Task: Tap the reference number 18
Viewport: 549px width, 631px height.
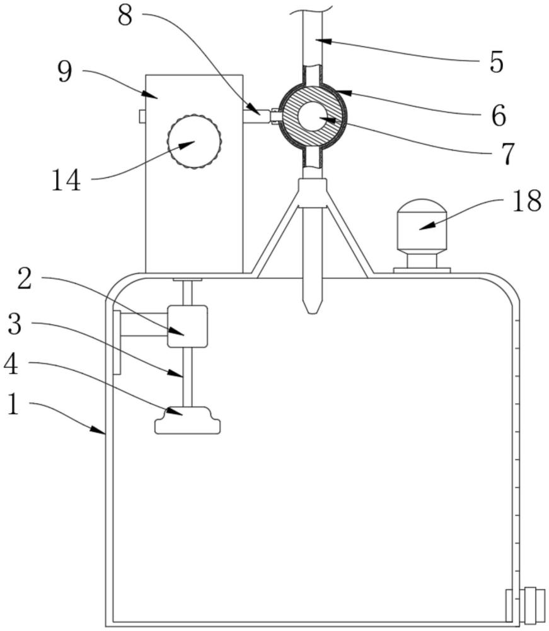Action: [526, 202]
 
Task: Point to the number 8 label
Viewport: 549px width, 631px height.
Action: [125, 15]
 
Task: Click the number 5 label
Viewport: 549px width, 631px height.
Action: [497, 62]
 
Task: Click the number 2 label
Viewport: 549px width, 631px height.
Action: [24, 280]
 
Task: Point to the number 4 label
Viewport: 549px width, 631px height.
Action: [12, 364]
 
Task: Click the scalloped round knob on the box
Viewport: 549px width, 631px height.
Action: [194, 141]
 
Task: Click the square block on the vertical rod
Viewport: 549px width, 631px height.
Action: [187, 326]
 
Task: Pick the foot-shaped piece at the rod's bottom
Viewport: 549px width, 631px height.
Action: [187, 421]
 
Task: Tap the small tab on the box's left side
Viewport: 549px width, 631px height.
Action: [142, 116]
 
